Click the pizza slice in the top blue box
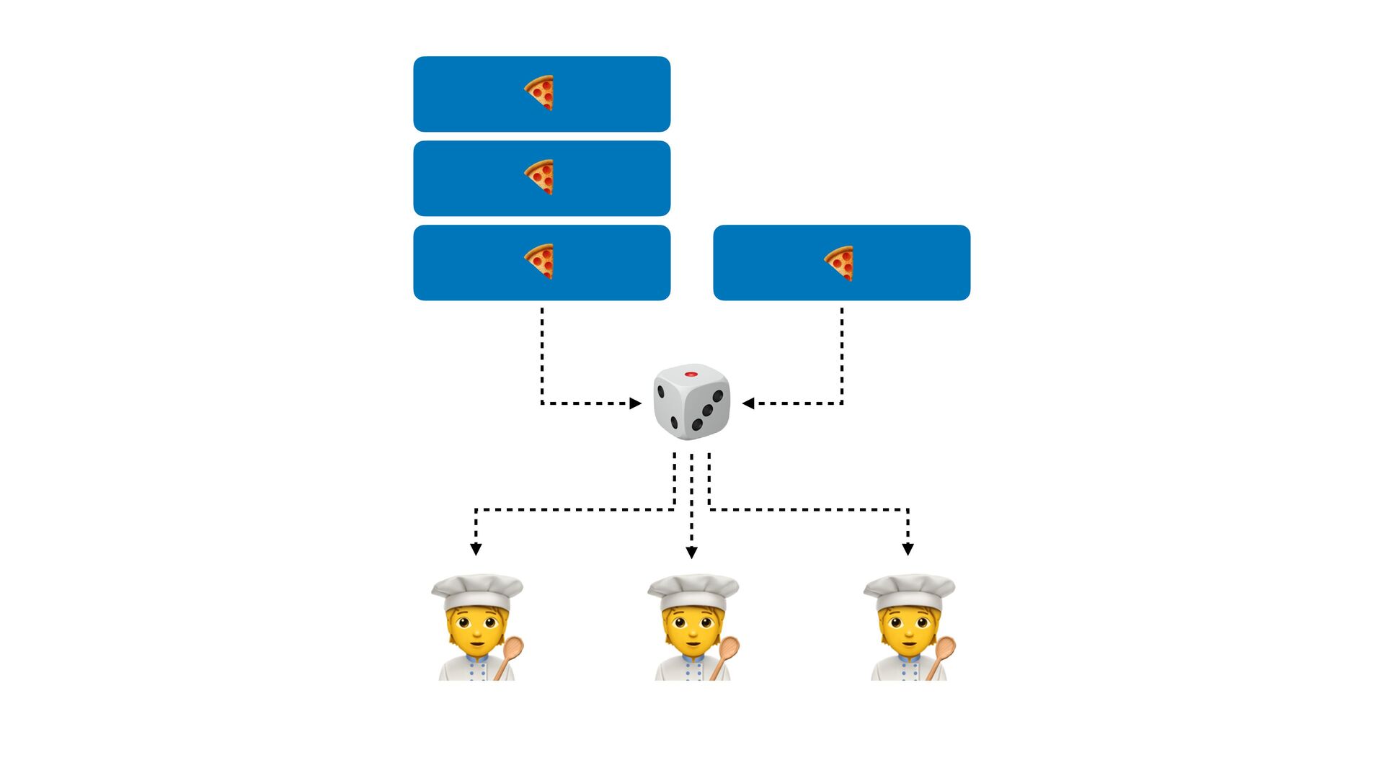tap(540, 93)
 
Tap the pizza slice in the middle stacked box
tap(540, 177)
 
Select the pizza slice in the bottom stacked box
tap(540, 261)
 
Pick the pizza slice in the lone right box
tap(840, 263)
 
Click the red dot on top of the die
tap(691, 375)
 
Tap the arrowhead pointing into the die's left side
tap(635, 403)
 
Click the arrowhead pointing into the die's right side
tap(748, 403)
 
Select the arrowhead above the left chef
tap(476, 550)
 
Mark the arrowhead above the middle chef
tap(691, 553)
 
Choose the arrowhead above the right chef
tap(908, 550)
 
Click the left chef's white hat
tap(477, 591)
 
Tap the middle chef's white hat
tap(693, 591)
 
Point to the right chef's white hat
tap(909, 591)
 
